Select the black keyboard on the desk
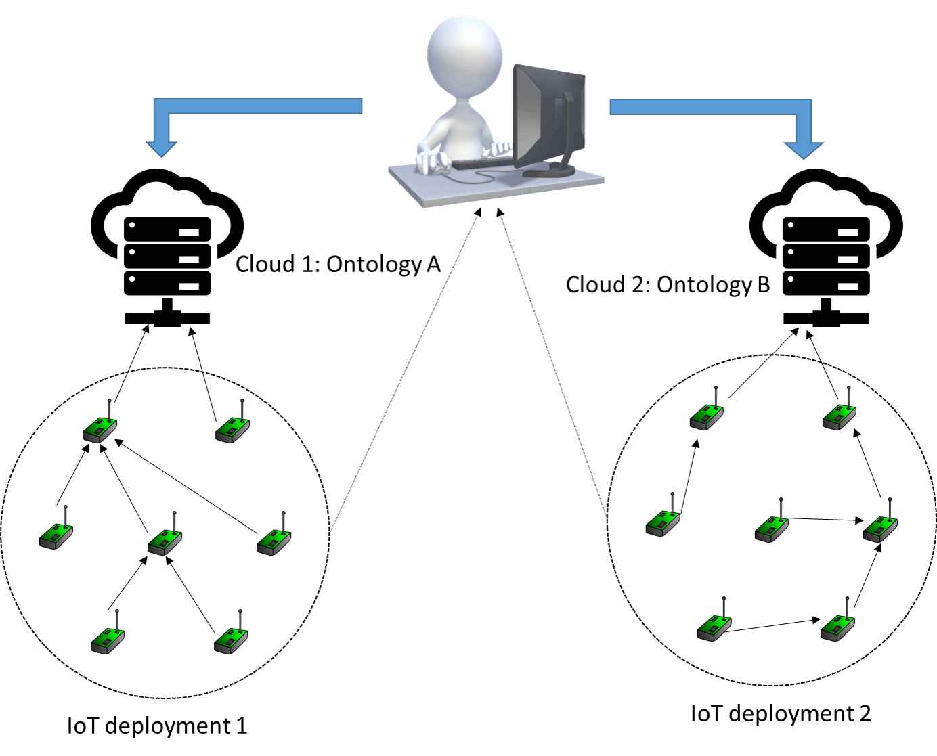[481, 162]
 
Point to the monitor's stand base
[548, 172]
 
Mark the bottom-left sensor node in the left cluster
[108, 640]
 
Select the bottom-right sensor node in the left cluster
[232, 640]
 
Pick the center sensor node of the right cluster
[772, 528]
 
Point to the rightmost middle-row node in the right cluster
[881, 528]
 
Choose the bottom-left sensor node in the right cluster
[715, 627]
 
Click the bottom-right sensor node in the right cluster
[838, 627]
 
